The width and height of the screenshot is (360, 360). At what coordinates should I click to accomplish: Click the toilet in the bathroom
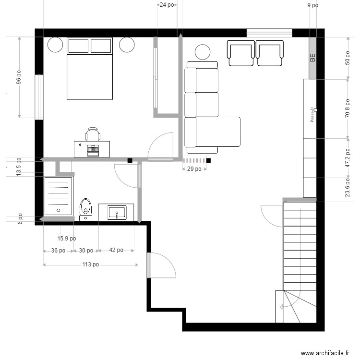(x=86, y=208)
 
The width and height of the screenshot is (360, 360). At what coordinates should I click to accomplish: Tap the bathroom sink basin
(x=116, y=212)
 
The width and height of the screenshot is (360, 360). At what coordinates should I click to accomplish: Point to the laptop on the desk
(x=93, y=149)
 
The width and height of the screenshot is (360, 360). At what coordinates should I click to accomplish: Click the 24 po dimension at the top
(x=167, y=5)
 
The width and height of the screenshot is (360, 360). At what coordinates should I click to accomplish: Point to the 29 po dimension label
(x=194, y=169)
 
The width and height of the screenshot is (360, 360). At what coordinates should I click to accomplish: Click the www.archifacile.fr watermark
(x=324, y=353)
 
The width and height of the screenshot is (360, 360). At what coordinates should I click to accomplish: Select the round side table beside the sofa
(x=203, y=52)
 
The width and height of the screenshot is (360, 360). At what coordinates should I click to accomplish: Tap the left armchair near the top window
(x=241, y=53)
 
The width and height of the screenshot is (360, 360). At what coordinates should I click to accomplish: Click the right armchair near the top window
(x=269, y=53)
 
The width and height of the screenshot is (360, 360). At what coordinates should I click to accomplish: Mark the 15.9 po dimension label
(x=66, y=238)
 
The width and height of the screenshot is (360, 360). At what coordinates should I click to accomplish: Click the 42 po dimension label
(x=116, y=250)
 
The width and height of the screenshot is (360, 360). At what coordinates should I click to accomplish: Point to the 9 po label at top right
(x=312, y=5)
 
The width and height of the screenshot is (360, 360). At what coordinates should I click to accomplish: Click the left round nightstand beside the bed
(x=55, y=45)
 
